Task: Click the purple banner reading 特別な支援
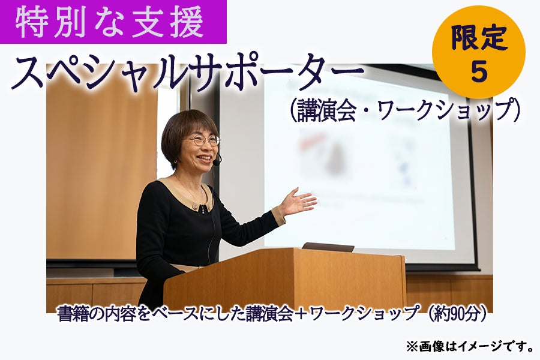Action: pos(113,22)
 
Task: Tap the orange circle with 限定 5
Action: pos(479,52)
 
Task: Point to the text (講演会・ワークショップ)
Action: pos(404,110)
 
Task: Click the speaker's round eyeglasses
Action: pos(203,140)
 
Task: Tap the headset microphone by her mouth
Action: pos(217,162)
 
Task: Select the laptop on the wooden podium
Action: pos(328,247)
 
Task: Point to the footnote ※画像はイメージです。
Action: pos(470,346)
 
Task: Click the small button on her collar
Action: pos(196,207)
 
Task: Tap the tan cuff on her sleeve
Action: pos(279,215)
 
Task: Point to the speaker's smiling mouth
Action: pos(204,158)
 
